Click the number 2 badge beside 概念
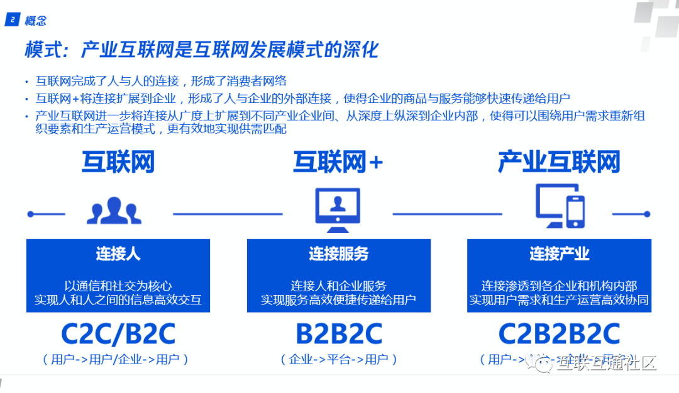click(13, 21)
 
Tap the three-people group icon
click(114, 211)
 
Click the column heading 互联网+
click(338, 163)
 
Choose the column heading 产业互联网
click(559, 162)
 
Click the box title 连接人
click(118, 254)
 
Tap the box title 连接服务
click(338, 254)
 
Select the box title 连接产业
click(559, 254)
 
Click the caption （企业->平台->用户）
click(339, 360)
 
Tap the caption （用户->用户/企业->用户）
click(118, 360)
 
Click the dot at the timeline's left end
click(30, 214)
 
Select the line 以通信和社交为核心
click(118, 286)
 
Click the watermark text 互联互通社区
click(606, 362)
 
